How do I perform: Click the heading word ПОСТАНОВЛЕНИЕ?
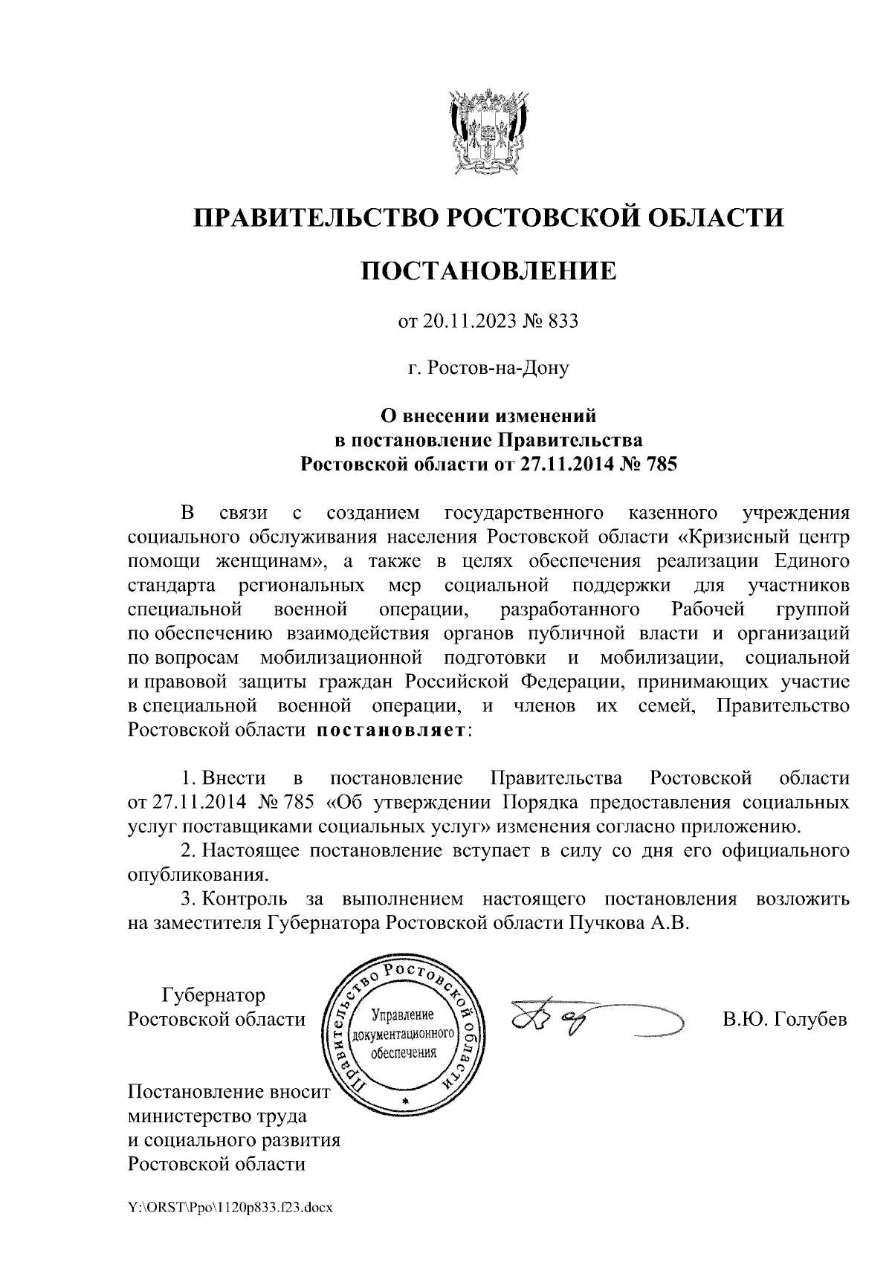point(488,271)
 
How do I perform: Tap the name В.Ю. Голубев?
point(785,1019)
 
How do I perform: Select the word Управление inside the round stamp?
point(403,1015)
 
